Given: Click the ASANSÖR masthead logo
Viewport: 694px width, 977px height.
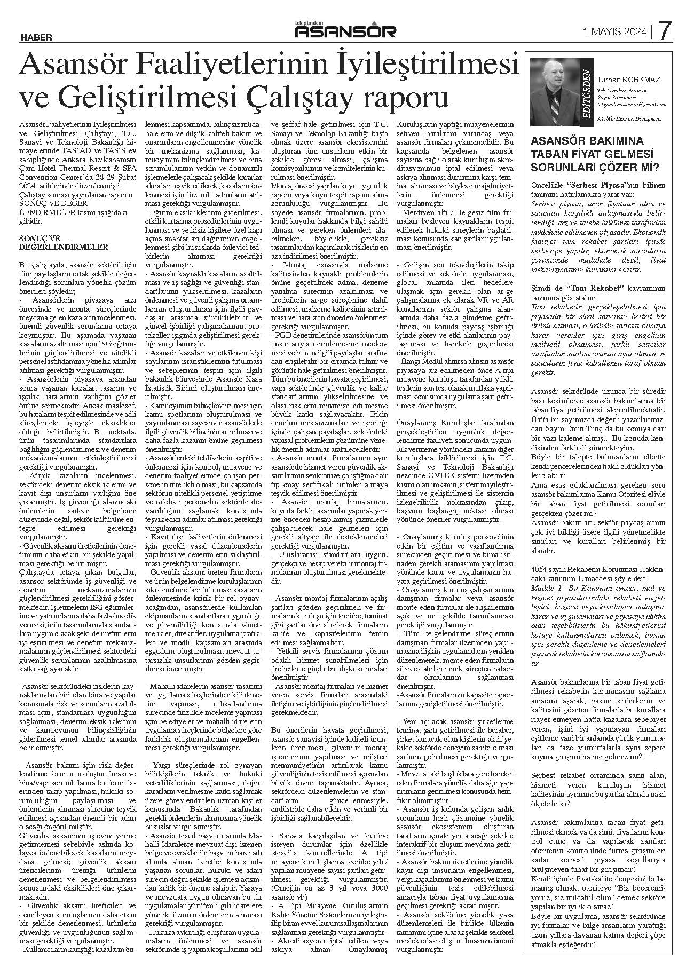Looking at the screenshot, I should pos(346,32).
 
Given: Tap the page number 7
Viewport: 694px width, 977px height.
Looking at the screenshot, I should pos(664,31).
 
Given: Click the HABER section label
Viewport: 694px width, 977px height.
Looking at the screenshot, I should pos(36,37).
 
